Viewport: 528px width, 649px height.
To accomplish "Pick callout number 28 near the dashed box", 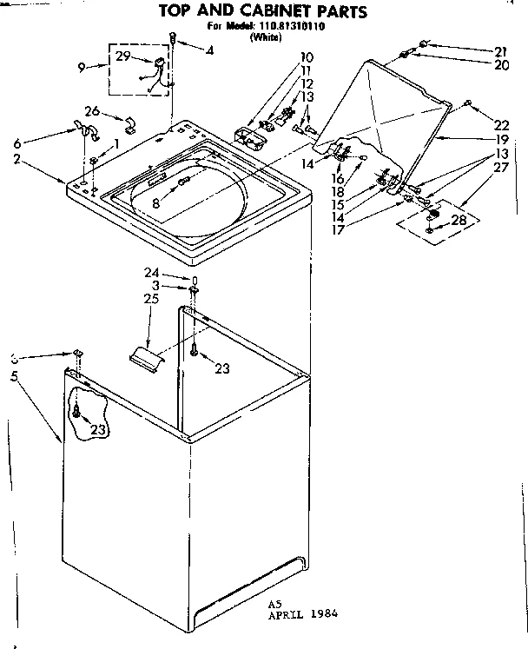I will [458, 219].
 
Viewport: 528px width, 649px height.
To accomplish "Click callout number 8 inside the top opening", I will [155, 205].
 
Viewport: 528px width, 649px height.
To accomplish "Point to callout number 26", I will [92, 110].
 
